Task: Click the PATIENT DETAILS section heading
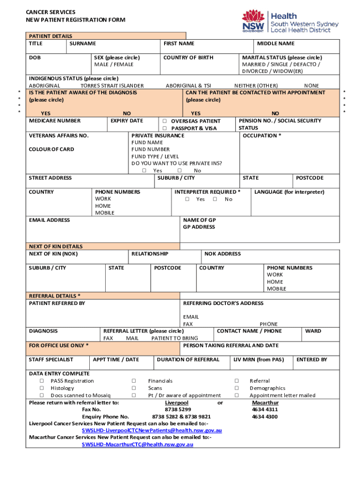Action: pos(50,36)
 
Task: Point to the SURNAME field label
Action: pos(82,44)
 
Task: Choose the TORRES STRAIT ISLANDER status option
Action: pos(112,86)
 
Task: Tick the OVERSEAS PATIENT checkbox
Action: pos(165,121)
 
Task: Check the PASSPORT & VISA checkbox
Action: pos(165,128)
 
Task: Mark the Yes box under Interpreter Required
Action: pos(187,199)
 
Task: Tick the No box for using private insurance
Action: pos(180,171)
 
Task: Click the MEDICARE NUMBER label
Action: pos(55,121)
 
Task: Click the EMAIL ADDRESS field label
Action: pos(50,220)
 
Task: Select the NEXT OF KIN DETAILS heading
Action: pos(56,247)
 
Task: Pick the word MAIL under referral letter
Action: pos(132,338)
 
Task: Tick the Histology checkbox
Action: pos(42,388)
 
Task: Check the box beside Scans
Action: pos(134,388)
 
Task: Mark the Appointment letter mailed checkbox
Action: pos(237,395)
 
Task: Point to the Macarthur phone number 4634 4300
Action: pos(265,416)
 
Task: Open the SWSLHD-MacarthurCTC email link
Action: pos(137,444)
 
